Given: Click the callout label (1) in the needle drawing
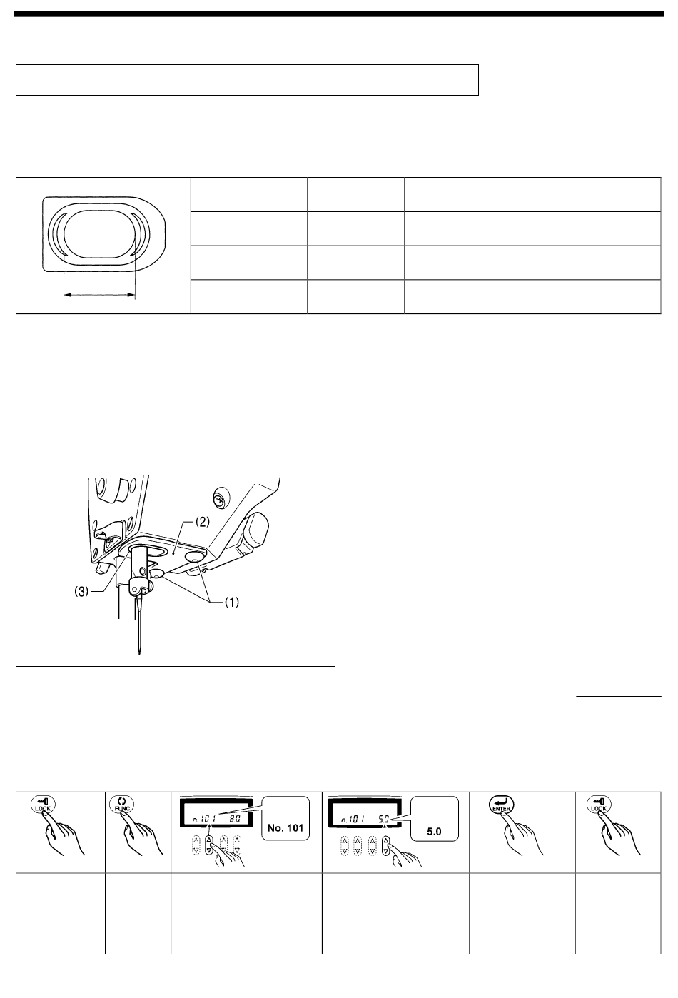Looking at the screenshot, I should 233,601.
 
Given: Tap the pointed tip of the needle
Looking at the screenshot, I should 138,651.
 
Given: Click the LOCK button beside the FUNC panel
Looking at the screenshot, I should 42,805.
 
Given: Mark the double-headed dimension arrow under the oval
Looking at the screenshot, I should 99,293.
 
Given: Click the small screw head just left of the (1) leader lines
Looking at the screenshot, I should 156,573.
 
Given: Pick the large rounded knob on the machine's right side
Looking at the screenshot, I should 253,528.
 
